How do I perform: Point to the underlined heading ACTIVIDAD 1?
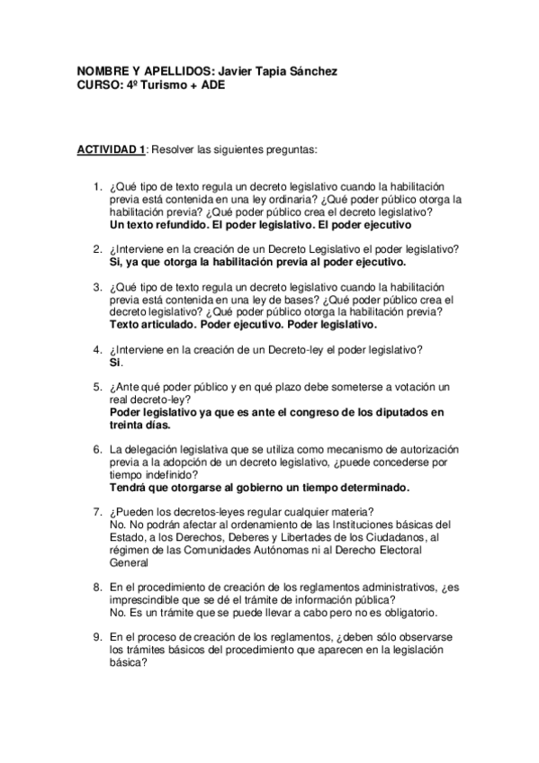(112, 148)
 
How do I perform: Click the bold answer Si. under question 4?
(115, 362)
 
